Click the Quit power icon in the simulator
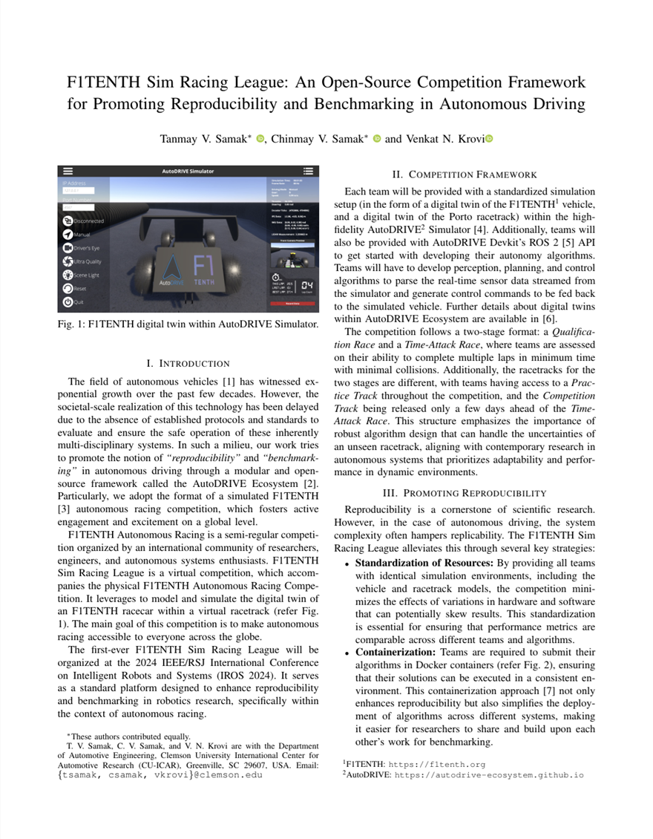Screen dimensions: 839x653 [68, 302]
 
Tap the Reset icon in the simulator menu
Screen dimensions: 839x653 [68, 289]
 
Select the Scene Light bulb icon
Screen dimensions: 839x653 [68, 275]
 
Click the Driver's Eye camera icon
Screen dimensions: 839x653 [68, 247]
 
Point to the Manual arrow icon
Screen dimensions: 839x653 [68, 234]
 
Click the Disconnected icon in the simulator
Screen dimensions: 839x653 [68, 221]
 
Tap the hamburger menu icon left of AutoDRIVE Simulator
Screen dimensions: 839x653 [68, 171]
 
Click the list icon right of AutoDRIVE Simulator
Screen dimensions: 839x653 [309, 171]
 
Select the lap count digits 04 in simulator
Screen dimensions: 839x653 [307, 285]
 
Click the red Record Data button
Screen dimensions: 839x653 [292, 303]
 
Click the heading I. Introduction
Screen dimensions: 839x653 [188, 363]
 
